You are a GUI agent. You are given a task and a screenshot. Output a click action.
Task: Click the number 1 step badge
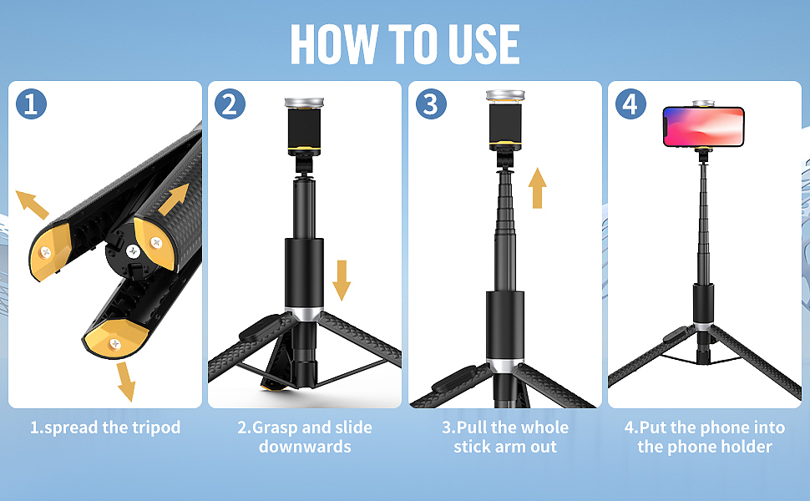point(31,104)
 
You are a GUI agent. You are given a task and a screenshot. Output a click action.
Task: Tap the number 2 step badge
point(230,104)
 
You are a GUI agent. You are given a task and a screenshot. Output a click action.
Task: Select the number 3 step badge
point(431,104)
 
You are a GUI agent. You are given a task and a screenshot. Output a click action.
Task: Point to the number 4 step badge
point(630,104)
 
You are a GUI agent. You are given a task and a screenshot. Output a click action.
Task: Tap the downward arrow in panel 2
point(342,281)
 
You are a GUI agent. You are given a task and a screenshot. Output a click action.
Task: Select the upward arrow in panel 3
point(537,188)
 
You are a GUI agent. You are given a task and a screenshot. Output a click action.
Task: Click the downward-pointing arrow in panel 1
point(125,382)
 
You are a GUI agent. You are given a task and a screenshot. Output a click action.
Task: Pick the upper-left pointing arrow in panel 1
point(32,205)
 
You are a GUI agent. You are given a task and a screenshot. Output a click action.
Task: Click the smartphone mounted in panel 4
point(704,127)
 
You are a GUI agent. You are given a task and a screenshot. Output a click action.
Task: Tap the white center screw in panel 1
point(134,251)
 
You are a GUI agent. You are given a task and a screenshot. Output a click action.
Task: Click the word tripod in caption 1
point(156,428)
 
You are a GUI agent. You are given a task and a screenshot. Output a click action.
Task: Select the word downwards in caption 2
point(305,447)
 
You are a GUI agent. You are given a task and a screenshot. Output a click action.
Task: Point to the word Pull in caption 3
point(473,428)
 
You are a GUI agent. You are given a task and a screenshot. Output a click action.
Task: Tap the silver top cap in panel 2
point(304,102)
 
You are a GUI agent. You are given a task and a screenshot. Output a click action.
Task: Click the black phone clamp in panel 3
point(505,123)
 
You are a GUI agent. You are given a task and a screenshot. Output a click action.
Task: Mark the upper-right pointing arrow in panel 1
point(174,200)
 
